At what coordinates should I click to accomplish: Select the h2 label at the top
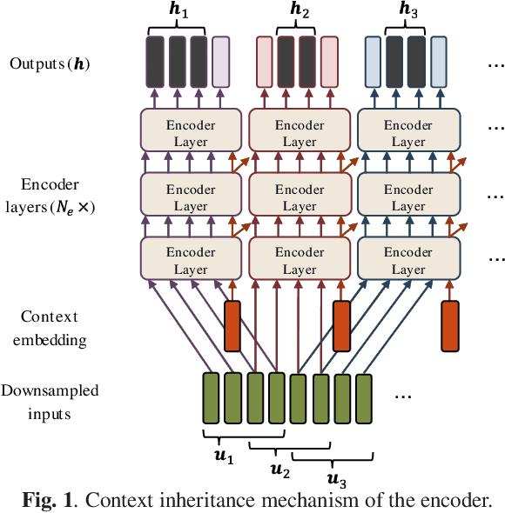[299, 11]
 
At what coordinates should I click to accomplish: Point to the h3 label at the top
[407, 11]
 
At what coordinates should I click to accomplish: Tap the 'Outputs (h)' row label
[50, 63]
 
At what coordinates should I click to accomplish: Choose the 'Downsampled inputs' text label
[50, 402]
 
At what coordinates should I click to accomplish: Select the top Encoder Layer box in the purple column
[191, 133]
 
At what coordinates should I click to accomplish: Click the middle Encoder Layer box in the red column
[300, 197]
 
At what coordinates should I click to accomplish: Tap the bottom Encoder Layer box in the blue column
[408, 260]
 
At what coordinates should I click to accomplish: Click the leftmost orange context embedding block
[232, 326]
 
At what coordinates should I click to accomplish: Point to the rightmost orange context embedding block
[450, 326]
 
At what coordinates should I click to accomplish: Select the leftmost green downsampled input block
[211, 398]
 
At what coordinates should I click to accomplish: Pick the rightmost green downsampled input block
[364, 398]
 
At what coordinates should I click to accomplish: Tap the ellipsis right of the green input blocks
[403, 396]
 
